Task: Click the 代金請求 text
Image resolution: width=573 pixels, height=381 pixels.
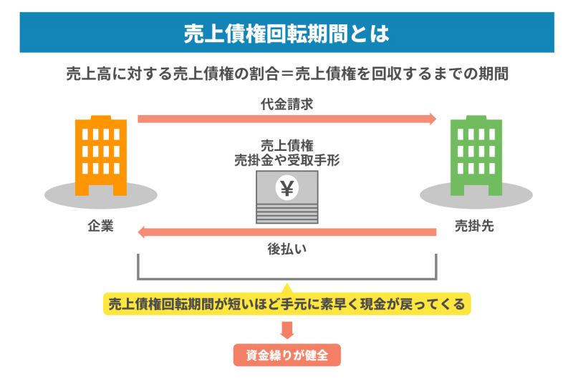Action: tap(286, 104)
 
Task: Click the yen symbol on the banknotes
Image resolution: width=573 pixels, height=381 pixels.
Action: tap(287, 189)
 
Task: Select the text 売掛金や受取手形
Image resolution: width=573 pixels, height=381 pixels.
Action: tap(286, 160)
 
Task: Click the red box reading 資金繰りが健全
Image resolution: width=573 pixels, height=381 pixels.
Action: tap(286, 355)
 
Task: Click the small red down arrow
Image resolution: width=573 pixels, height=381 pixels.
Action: tap(287, 330)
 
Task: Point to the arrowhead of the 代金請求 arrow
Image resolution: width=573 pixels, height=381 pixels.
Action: tap(432, 119)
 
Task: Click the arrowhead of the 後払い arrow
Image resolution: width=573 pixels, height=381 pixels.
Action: tap(142, 232)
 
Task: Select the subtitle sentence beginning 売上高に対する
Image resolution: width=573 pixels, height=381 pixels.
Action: tap(286, 74)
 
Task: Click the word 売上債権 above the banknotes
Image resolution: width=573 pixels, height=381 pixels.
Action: tap(286, 144)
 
